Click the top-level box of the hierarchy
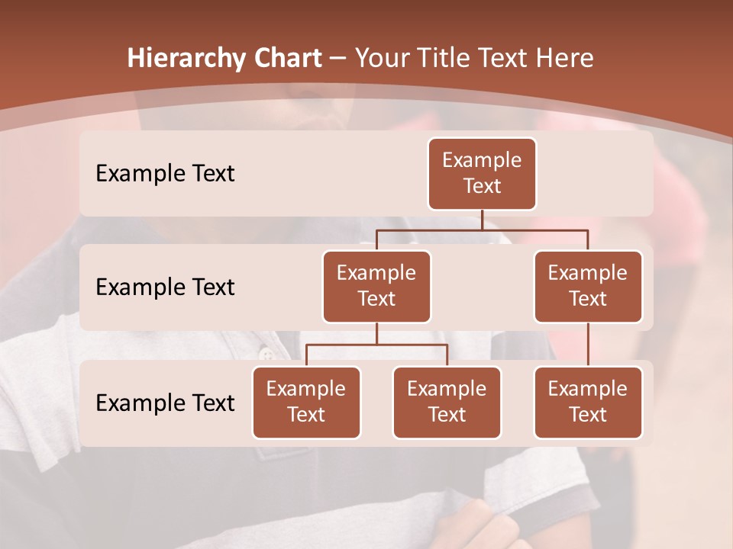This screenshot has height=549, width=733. pos(482,174)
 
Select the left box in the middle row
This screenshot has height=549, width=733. pos(376,287)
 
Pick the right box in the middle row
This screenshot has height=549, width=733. pos(588,287)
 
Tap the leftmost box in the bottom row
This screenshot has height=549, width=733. pos(306,403)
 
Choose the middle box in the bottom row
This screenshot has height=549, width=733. pos(447,403)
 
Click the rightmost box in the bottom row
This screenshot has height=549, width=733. pos(588,403)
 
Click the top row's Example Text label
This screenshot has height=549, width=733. pos(165,174)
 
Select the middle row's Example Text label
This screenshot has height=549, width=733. pos(165,287)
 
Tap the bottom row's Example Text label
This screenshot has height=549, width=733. pos(165,403)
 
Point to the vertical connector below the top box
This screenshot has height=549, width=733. pos(482,220)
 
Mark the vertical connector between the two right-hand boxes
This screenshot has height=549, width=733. pos(588,345)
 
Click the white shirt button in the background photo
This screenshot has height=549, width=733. pos(266,354)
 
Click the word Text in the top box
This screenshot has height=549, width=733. pos(482,187)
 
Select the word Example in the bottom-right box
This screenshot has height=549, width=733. pos(588,390)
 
